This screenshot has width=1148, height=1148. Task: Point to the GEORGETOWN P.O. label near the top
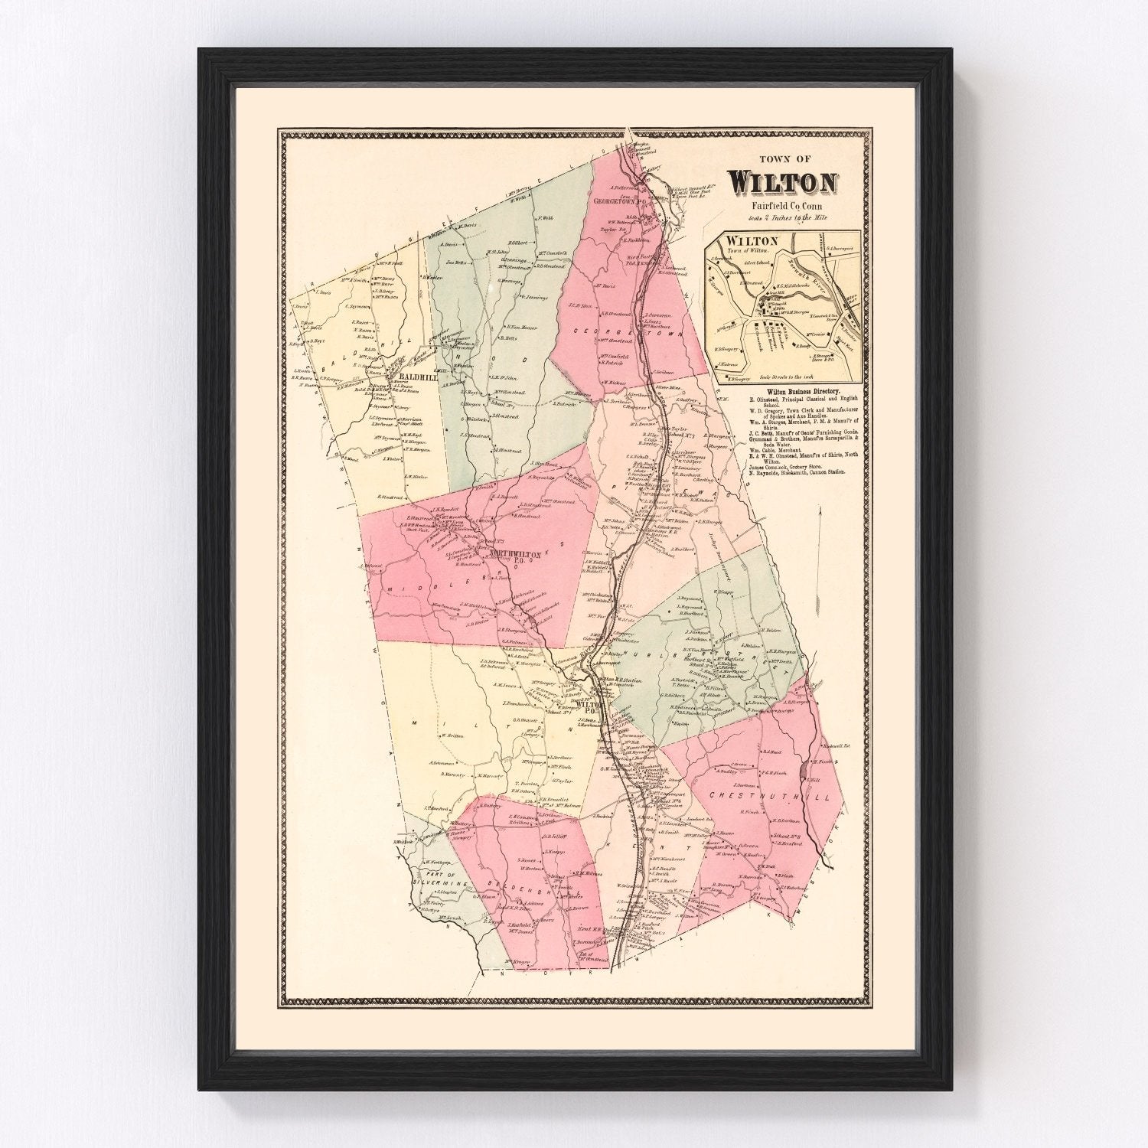pos(619,201)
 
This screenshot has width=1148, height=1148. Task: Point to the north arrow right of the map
pos(819,536)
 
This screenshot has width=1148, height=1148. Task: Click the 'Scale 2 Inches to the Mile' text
pos(782,218)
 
